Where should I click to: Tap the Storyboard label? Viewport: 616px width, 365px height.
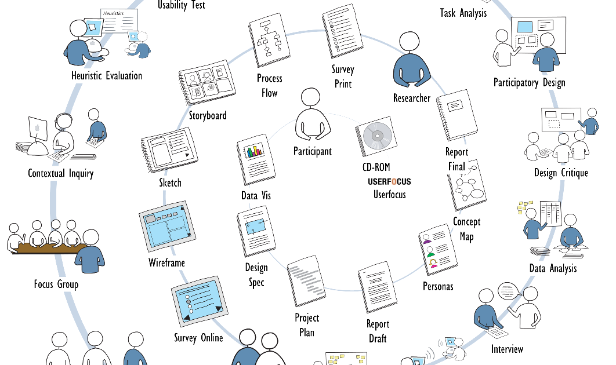click(x=208, y=115)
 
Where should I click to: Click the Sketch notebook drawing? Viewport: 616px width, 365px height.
click(x=168, y=152)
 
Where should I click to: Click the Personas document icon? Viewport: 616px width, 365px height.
click(x=436, y=252)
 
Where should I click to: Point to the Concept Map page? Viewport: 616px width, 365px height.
click(x=467, y=185)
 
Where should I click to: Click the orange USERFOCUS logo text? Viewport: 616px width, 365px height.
click(x=389, y=182)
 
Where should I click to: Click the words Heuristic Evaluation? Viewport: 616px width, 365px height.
click(x=107, y=75)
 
